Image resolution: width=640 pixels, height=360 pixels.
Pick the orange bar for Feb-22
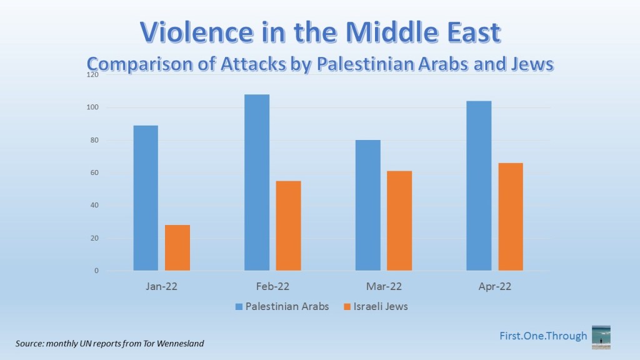tap(288, 226)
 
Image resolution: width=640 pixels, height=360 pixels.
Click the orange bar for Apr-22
tap(510, 217)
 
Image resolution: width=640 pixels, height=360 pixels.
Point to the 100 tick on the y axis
tap(93, 107)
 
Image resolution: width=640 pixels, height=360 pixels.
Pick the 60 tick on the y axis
tap(94, 173)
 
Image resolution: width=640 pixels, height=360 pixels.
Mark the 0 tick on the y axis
tap(96, 271)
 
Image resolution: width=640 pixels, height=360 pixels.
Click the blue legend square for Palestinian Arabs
tap(239, 307)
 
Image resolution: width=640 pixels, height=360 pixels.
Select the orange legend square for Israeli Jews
tap(347, 307)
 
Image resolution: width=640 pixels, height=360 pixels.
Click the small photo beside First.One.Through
tap(601, 336)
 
